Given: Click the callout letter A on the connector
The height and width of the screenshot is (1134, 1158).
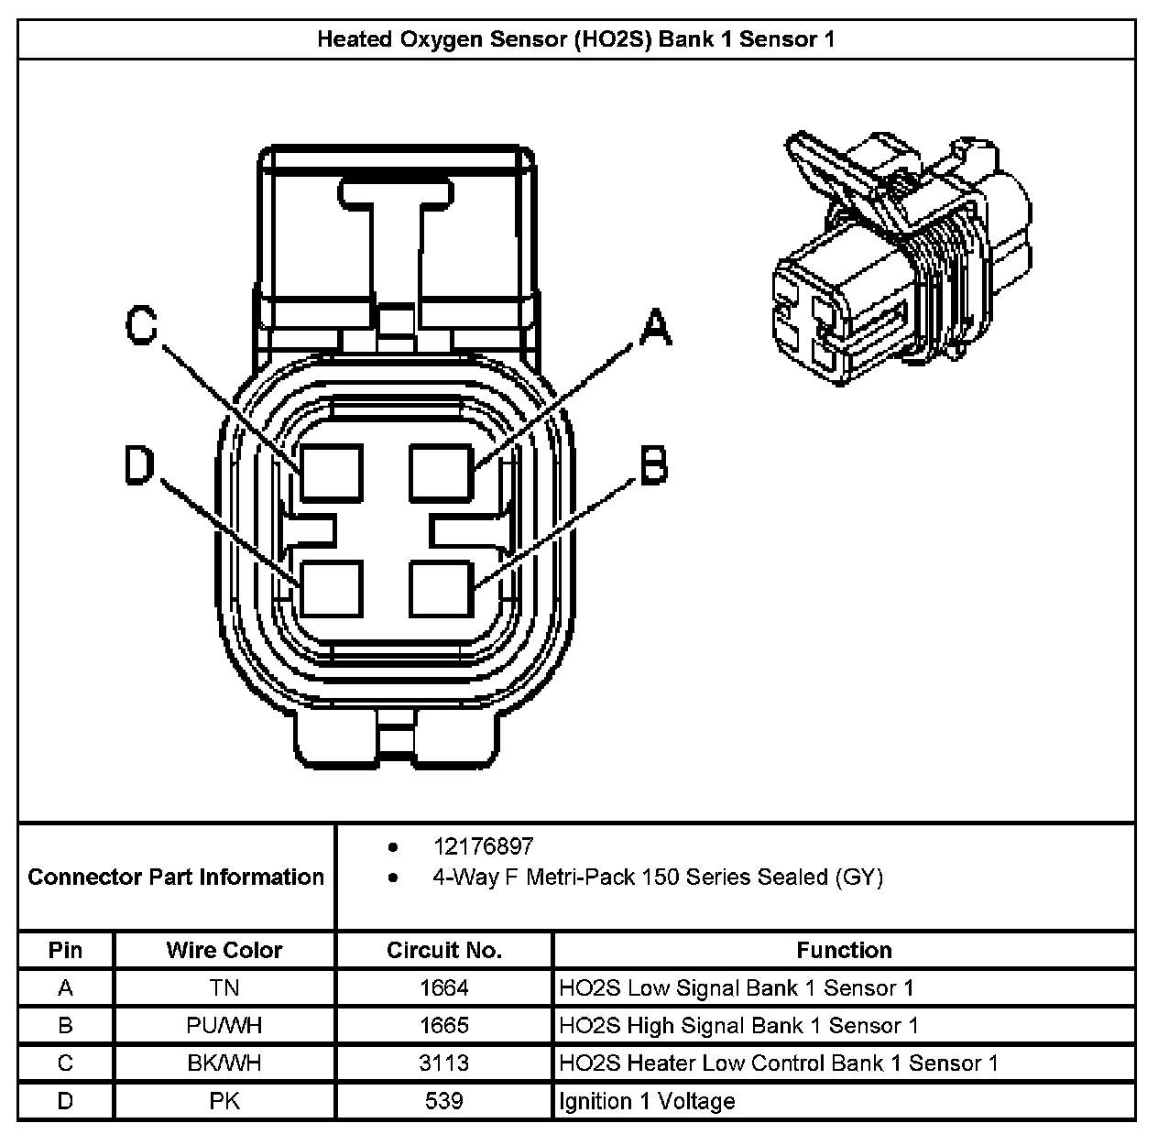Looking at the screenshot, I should click(x=654, y=328).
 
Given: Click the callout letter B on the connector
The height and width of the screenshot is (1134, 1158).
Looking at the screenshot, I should click(x=652, y=466).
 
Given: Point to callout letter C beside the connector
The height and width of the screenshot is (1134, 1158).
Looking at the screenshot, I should click(x=141, y=325).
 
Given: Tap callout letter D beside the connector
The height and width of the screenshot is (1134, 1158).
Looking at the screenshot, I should click(x=140, y=466).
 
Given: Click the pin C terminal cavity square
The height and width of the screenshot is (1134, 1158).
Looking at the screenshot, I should click(x=332, y=472).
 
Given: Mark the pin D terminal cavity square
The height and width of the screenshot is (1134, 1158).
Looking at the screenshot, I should click(x=332, y=587).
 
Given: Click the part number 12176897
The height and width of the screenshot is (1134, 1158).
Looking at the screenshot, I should click(x=483, y=846).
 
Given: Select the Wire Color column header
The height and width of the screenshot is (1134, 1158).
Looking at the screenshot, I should click(x=224, y=950).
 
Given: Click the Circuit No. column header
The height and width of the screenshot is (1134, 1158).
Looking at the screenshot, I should click(x=444, y=950).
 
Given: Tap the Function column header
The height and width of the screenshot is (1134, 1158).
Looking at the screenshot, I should click(x=844, y=950).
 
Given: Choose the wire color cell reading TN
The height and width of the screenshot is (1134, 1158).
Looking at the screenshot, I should click(x=224, y=988).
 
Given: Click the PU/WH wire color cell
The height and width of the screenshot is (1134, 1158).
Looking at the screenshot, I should click(x=224, y=1026).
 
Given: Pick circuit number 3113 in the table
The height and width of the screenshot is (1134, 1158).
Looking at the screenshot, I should click(x=444, y=1063).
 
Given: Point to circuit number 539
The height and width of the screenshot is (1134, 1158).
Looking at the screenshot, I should click(x=444, y=1101).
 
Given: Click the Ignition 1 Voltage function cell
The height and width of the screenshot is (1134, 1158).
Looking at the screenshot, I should click(x=647, y=1101).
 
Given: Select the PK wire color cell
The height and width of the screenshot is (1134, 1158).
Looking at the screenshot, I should click(x=224, y=1101).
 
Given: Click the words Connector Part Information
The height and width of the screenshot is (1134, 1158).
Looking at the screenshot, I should click(x=176, y=878).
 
